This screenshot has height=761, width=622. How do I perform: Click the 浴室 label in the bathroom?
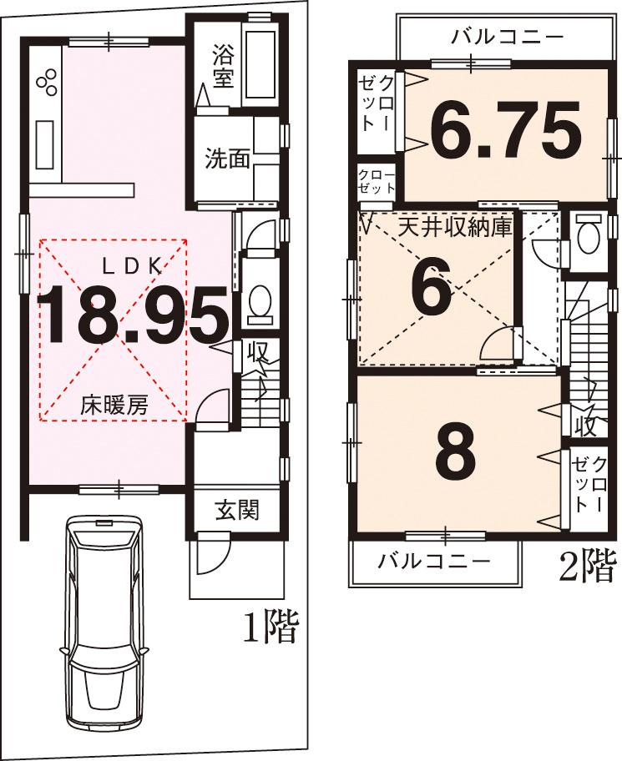(x=223, y=69)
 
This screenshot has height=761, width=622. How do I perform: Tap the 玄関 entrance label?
(x=238, y=510)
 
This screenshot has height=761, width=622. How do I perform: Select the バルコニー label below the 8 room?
(x=432, y=560)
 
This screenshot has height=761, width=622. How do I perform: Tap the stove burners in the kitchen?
(x=47, y=80)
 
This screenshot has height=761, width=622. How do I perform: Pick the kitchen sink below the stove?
(x=44, y=143)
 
